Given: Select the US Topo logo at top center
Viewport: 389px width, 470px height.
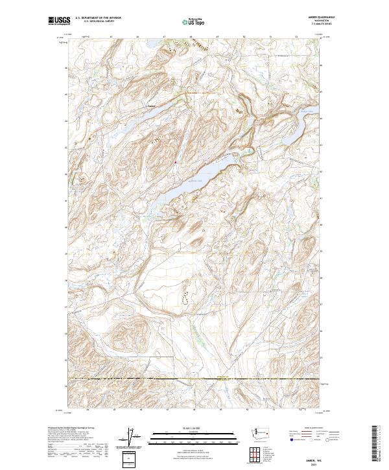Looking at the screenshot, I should point(194,21).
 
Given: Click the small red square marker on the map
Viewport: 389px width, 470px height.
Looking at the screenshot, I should point(175,162).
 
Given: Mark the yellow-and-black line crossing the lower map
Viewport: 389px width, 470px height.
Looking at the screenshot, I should point(194,378).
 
